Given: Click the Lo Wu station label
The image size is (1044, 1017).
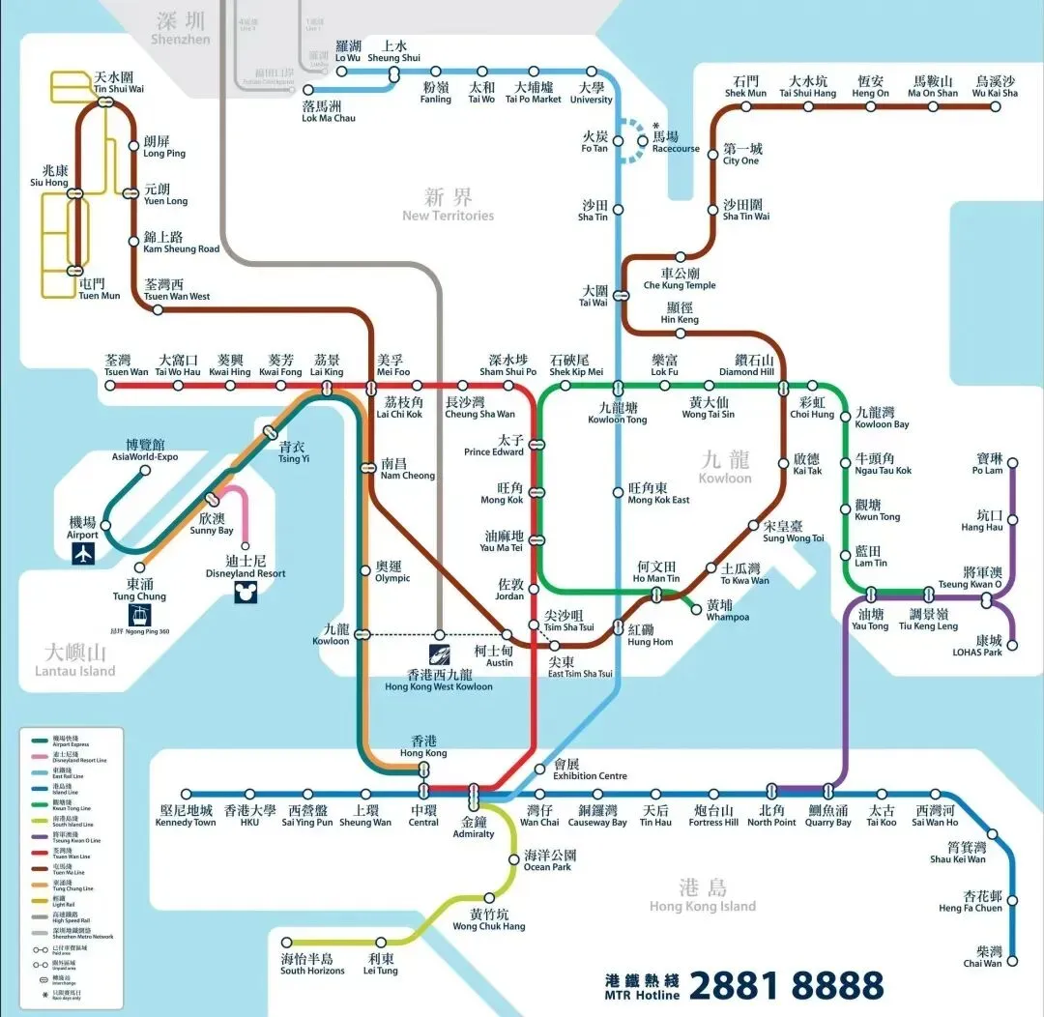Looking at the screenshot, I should pyautogui.click(x=347, y=51).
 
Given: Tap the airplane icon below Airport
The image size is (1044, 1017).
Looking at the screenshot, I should pyautogui.click(x=85, y=554).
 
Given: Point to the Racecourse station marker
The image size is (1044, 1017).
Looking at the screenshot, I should pyautogui.click(x=644, y=141).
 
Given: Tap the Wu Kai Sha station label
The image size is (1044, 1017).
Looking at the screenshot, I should pyautogui.click(x=995, y=87).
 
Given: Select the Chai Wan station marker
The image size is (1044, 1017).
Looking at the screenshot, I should pyautogui.click(x=1012, y=961).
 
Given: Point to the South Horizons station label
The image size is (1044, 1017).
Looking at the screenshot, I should pyautogui.click(x=306, y=964).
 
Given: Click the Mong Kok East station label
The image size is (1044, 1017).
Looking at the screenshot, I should pyautogui.click(x=658, y=494).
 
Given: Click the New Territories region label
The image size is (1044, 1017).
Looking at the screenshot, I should pyautogui.click(x=449, y=205).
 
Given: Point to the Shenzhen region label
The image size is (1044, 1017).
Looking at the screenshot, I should pyautogui.click(x=180, y=30).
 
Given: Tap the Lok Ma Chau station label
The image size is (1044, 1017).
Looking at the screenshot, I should pyautogui.click(x=329, y=111).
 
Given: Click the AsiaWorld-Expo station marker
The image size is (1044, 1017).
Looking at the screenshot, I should pyautogui.click(x=145, y=471).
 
